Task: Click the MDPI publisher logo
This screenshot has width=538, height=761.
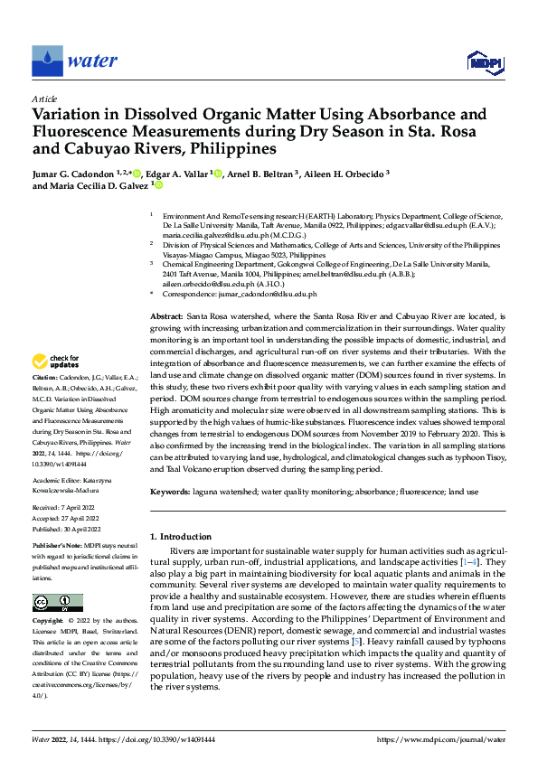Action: [486, 61]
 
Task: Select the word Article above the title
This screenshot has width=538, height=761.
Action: [44, 98]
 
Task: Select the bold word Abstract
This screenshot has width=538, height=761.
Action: [165, 316]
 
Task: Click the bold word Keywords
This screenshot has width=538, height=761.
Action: [169, 491]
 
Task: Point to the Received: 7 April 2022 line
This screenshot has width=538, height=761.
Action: [66, 508]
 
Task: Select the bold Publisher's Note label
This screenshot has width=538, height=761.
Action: [56, 547]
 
